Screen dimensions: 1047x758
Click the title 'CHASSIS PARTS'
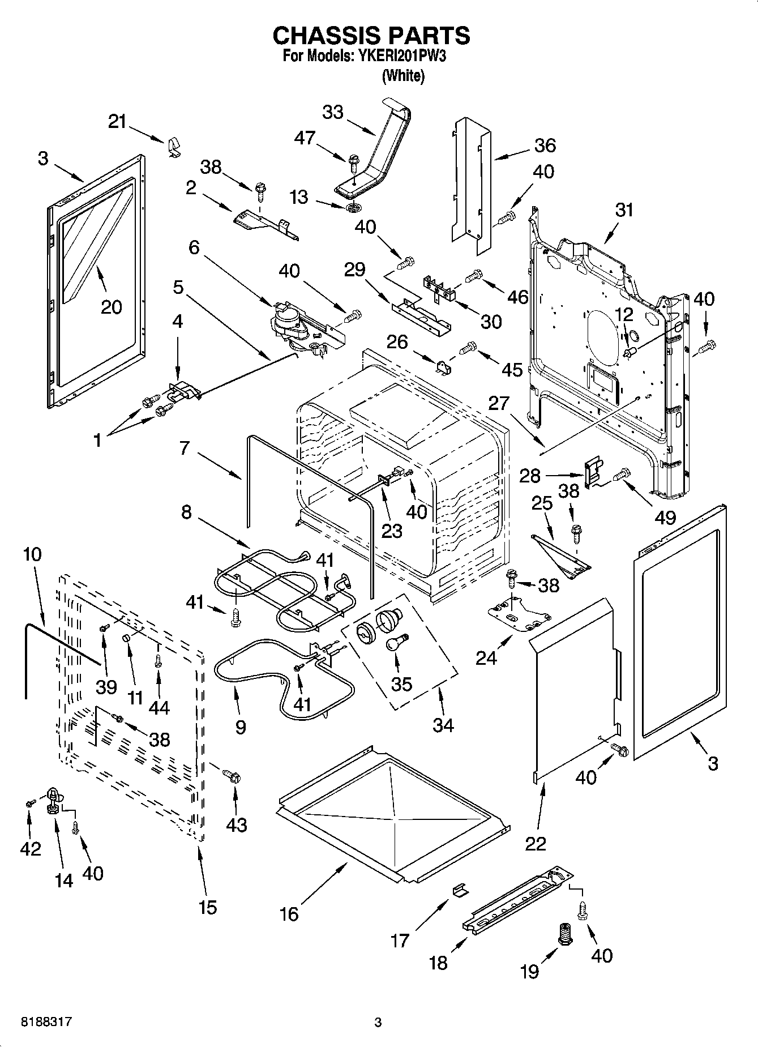tap(371, 36)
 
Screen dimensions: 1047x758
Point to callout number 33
tap(333, 112)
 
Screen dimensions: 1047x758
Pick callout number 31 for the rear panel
tap(624, 210)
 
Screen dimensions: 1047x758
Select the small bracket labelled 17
tap(461, 890)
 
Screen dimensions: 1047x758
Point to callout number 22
tap(536, 843)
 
